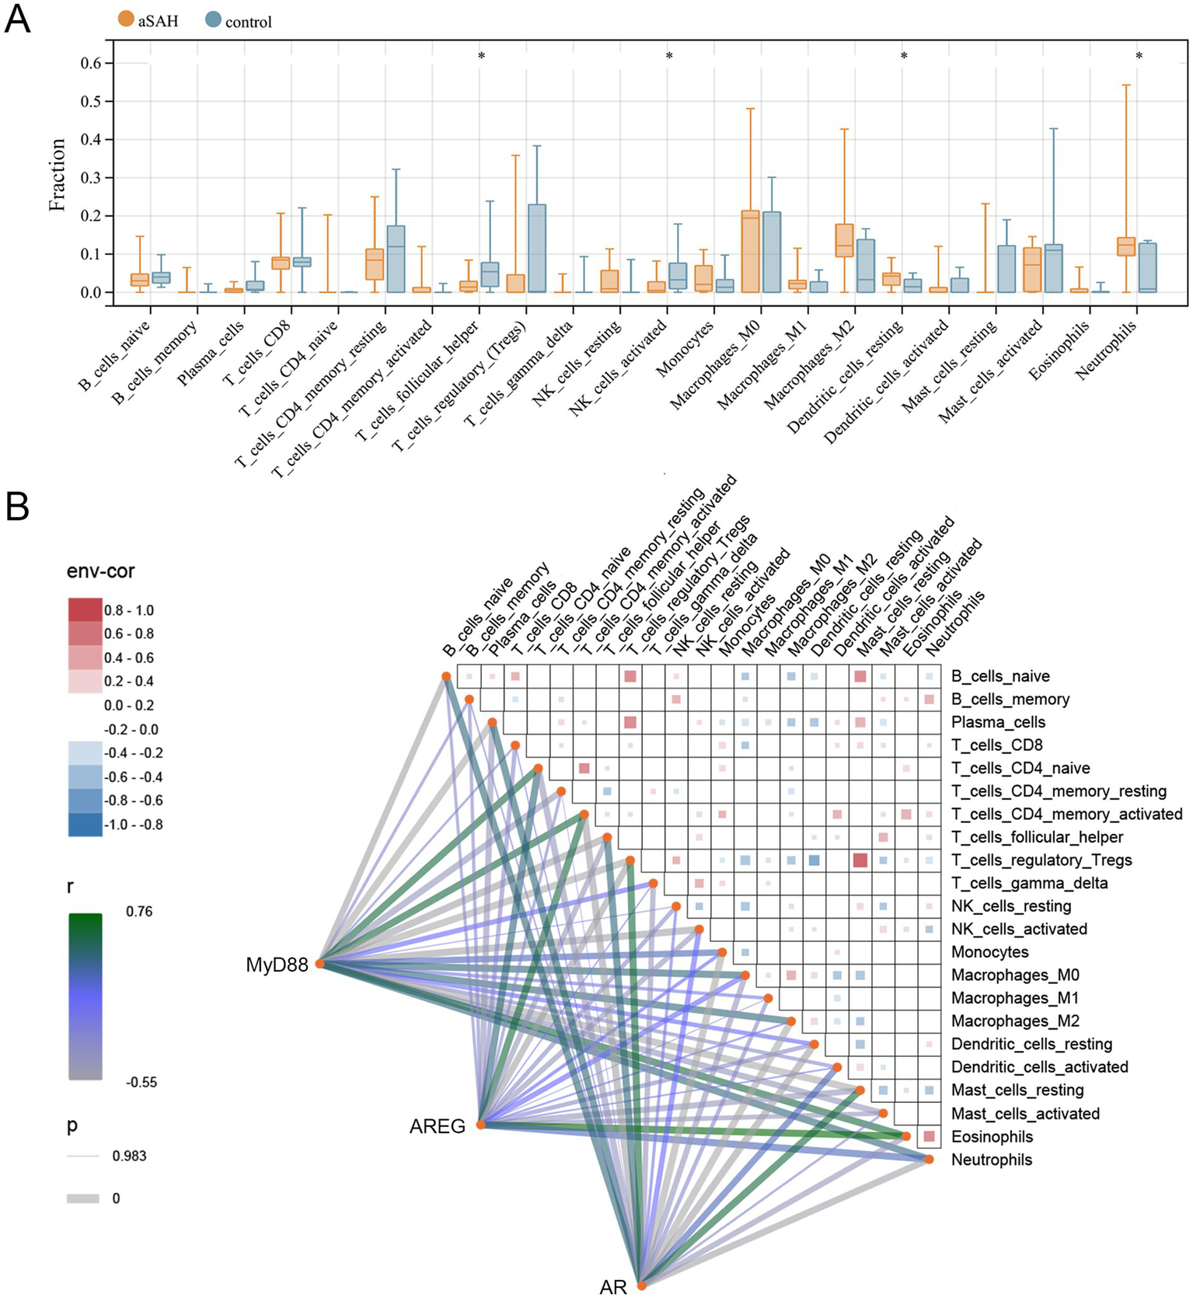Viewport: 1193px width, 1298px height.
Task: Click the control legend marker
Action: pyautogui.click(x=214, y=20)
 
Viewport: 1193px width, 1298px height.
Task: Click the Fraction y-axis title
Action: pyautogui.click(x=58, y=175)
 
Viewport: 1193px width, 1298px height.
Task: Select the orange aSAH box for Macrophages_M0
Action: pyautogui.click(x=750, y=251)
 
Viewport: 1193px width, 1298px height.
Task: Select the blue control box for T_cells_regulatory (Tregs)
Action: pyautogui.click(x=537, y=248)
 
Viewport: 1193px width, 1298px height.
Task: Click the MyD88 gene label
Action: pyautogui.click(x=277, y=965)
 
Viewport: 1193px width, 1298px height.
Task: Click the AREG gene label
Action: pyautogui.click(x=437, y=1126)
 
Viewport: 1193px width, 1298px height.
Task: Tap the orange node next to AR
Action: pyautogui.click(x=642, y=1286)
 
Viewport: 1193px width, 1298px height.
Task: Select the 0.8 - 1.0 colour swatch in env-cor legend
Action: pyautogui.click(x=85, y=609)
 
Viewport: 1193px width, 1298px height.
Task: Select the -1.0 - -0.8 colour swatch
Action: pyautogui.click(x=85, y=824)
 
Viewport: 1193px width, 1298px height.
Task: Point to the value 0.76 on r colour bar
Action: pyautogui.click(x=139, y=912)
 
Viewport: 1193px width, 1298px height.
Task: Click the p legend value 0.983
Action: pyautogui.click(x=129, y=1156)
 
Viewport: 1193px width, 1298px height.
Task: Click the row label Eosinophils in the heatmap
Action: pyautogui.click(x=992, y=1137)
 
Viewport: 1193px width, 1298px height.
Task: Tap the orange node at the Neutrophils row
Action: pyautogui.click(x=929, y=1159)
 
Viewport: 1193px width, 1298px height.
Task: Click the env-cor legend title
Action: pyautogui.click(x=100, y=571)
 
